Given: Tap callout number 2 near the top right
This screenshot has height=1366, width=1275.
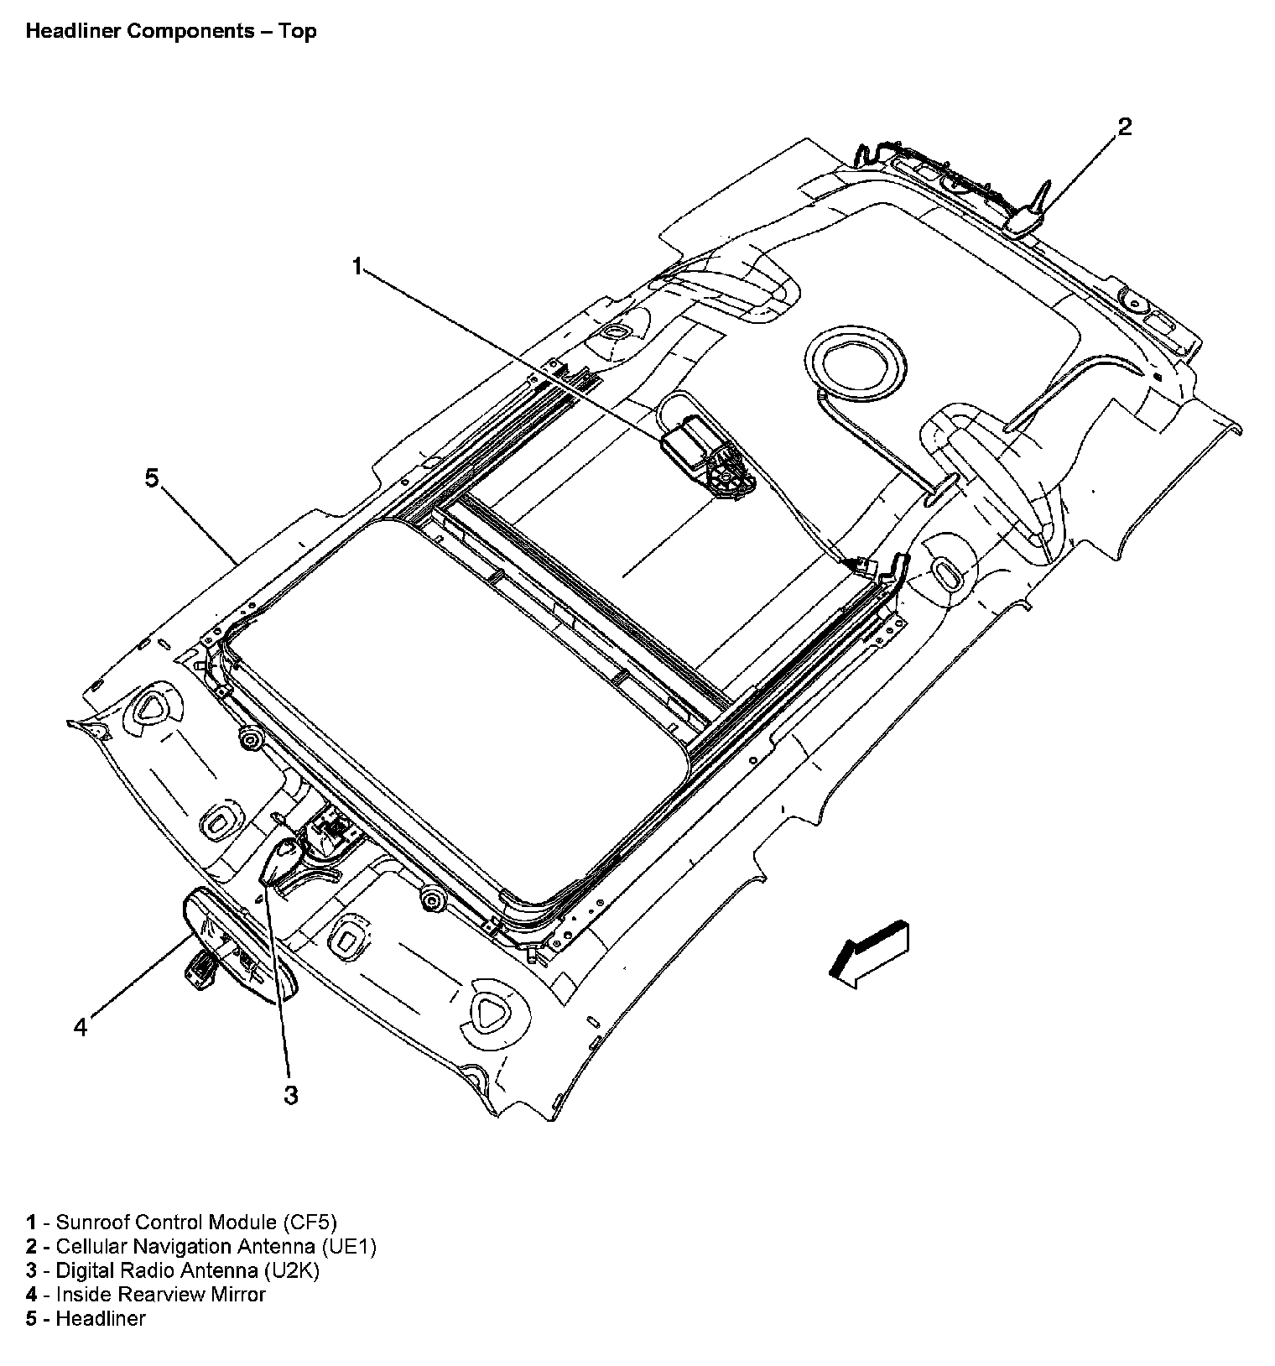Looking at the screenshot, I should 1124,127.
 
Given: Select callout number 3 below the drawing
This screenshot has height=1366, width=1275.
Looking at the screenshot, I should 290,1095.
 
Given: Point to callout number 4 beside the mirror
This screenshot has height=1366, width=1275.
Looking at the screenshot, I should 81,1026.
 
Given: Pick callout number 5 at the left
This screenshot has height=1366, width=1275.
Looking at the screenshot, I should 151,478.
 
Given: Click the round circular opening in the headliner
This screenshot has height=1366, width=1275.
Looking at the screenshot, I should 856,366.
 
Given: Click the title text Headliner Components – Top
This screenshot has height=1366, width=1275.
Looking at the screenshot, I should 171,32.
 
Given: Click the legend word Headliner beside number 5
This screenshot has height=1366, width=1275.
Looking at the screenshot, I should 101,1319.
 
